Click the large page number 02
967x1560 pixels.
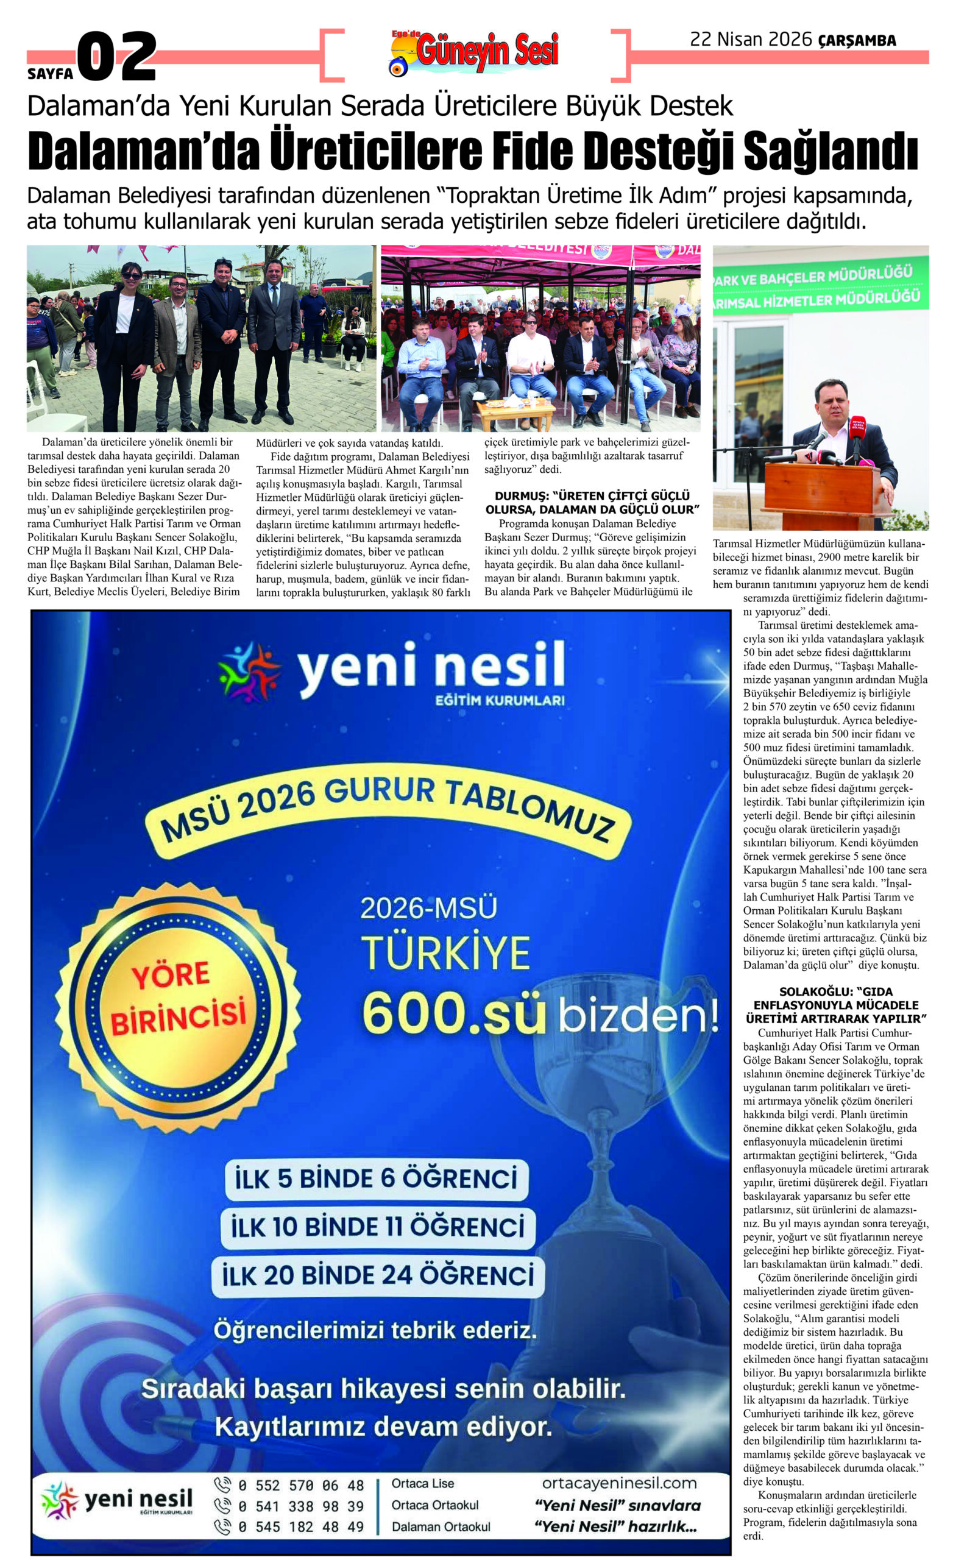(117, 56)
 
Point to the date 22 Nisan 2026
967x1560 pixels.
(750, 40)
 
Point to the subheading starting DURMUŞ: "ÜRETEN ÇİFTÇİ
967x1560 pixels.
(592, 502)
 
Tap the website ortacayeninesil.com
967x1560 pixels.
(618, 1483)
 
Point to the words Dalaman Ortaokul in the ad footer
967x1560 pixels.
(441, 1526)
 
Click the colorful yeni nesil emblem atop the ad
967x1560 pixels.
(249, 672)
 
